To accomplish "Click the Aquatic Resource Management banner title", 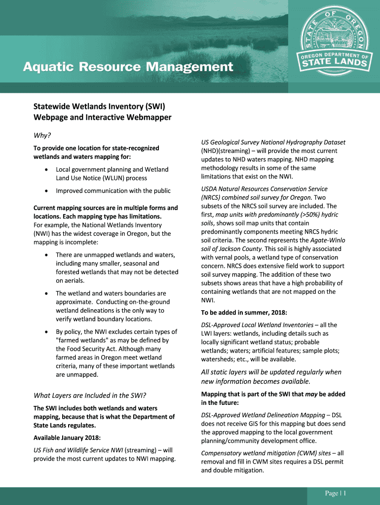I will (128, 67).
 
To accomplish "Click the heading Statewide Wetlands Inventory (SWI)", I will (99, 107).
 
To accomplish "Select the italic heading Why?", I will (42, 136).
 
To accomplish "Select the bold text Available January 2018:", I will (67, 438).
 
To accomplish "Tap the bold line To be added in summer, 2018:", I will (244, 313).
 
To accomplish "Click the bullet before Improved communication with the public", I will (46, 191).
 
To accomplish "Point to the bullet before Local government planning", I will (46, 170).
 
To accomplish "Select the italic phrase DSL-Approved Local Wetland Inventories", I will (257, 325).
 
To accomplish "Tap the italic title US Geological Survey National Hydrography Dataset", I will (273, 142).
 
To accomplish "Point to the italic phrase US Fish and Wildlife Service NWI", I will (78, 450).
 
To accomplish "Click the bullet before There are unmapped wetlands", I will (46, 255).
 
